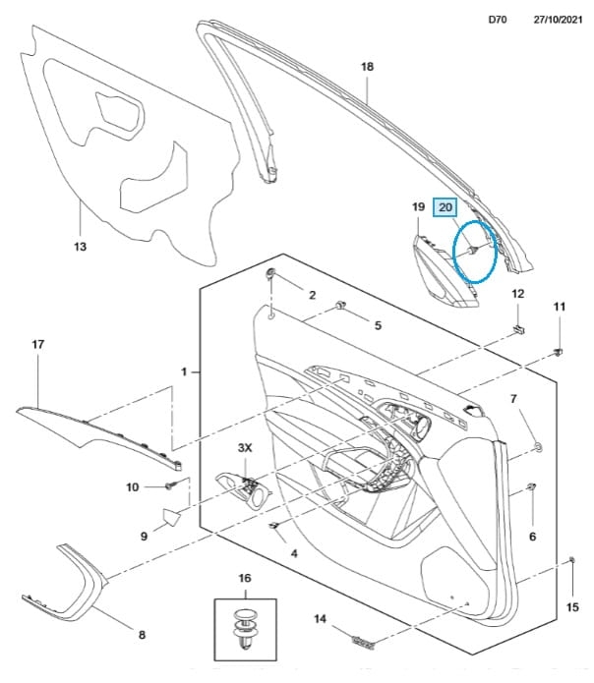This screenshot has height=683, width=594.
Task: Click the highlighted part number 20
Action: tap(445, 207)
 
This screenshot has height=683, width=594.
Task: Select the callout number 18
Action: tap(368, 66)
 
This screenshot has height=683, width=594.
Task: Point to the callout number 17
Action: tap(38, 345)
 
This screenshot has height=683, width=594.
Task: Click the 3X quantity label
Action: tap(245, 447)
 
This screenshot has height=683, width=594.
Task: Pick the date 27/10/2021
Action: tap(555, 19)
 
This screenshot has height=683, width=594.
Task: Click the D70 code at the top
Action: tap(497, 19)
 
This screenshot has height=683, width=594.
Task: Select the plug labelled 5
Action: tap(340, 307)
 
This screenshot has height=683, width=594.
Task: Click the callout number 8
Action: tap(142, 634)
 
